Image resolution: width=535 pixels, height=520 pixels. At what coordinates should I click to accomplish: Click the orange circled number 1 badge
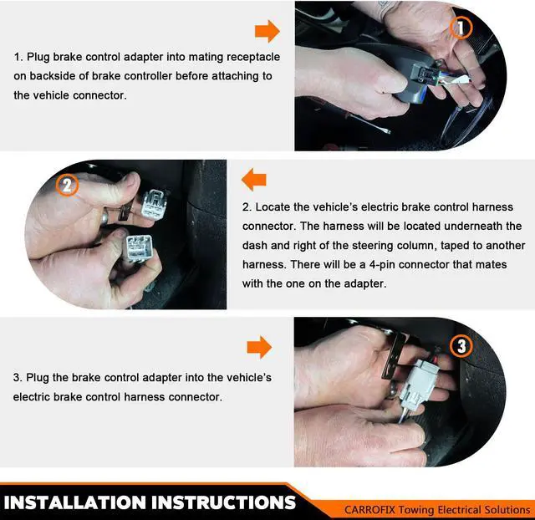point(461,28)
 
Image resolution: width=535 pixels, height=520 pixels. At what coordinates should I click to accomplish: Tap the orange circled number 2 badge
point(67,185)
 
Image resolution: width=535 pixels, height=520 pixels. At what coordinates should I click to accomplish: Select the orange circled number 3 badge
point(461,346)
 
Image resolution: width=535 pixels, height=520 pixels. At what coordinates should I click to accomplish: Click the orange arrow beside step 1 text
point(267,31)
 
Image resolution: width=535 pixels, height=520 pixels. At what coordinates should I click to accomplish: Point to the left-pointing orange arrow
point(254,180)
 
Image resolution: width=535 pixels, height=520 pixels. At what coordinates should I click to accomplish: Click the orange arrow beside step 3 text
point(259,347)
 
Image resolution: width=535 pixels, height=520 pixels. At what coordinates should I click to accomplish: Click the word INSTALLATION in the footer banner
point(75,502)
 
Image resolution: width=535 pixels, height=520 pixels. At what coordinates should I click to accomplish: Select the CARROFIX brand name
point(369,510)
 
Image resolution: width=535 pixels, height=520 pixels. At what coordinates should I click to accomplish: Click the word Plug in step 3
point(38,378)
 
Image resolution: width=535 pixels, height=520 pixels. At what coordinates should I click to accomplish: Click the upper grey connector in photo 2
point(154,204)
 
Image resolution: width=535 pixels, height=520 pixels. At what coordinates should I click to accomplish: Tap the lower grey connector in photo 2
point(139,248)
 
